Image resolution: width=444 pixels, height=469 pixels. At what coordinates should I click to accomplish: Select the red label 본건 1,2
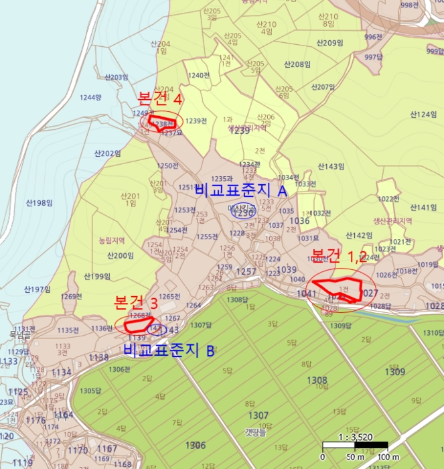(x=340, y=255)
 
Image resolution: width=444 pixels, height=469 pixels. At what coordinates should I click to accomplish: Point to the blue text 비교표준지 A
(x=240, y=191)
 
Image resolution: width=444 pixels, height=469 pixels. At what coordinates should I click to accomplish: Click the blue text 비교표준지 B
(x=169, y=349)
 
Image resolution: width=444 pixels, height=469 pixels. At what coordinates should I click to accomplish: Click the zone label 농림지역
(x=112, y=239)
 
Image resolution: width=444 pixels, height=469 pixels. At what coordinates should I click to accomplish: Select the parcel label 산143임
(x=331, y=166)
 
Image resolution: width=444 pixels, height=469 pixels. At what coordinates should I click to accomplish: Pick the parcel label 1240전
(x=199, y=75)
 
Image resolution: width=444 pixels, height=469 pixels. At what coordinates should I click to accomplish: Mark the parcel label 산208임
(x=297, y=64)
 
